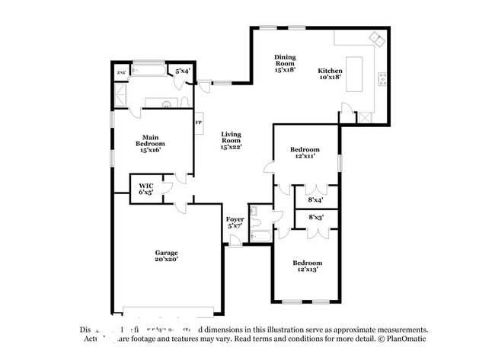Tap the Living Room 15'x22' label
tap(231, 140)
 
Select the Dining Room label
tap(286, 63)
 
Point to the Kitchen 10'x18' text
tap(330, 74)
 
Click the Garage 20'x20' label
tap(166, 256)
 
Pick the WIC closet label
tap(145, 189)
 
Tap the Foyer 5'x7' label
tap(235, 223)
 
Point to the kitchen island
tap(355, 74)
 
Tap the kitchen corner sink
tap(375, 37)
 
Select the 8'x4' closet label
tap(315, 200)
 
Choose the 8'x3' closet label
tap(315, 218)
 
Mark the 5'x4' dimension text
tap(183, 72)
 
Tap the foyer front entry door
tap(235, 241)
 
